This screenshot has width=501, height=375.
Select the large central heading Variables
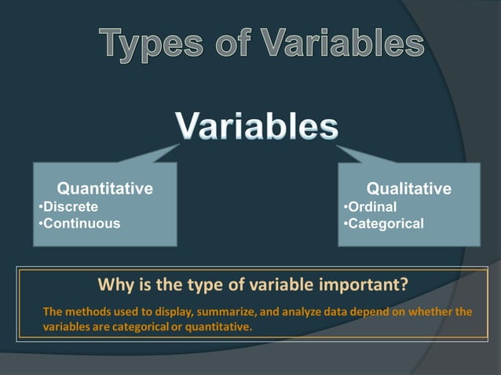(x=257, y=126)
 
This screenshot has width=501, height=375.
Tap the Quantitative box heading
(x=105, y=188)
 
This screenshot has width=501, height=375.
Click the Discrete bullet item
(x=69, y=206)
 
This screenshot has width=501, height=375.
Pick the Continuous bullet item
(x=80, y=224)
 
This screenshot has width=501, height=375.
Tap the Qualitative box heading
(x=409, y=188)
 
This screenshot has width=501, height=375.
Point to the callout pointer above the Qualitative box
(x=357, y=152)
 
